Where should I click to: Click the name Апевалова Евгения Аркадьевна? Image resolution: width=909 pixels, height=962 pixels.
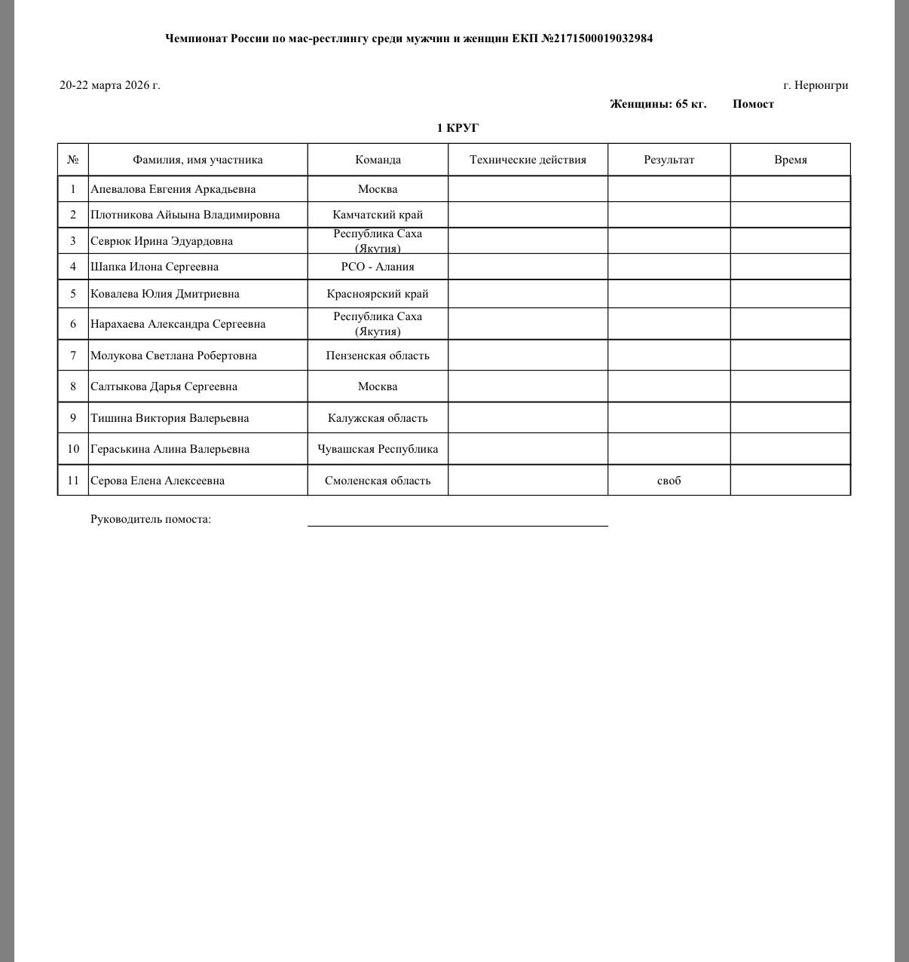pyautogui.click(x=173, y=189)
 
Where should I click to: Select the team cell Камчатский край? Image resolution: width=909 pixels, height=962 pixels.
pyautogui.click(x=378, y=215)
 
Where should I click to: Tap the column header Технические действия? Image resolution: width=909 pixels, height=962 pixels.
pyautogui.click(x=528, y=160)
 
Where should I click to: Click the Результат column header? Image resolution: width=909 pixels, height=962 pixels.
pyautogui.click(x=669, y=160)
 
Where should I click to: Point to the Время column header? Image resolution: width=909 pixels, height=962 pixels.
pyautogui.click(x=790, y=160)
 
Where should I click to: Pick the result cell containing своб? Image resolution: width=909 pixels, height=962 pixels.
pyautogui.click(x=669, y=481)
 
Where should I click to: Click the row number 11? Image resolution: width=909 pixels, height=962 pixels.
pyautogui.click(x=73, y=481)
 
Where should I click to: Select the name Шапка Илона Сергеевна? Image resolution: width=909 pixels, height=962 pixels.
pyautogui.click(x=155, y=267)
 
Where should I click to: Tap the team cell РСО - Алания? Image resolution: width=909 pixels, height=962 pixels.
pyautogui.click(x=378, y=267)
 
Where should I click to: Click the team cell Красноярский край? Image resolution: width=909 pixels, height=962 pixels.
pyautogui.click(x=378, y=294)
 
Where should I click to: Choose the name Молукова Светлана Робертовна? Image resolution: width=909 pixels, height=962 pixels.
pyautogui.click(x=173, y=356)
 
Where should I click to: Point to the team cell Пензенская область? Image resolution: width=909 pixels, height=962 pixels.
pyautogui.click(x=378, y=356)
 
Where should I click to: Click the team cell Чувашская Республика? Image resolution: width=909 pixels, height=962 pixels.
pyautogui.click(x=378, y=449)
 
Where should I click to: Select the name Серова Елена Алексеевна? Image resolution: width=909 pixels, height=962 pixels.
pyautogui.click(x=158, y=481)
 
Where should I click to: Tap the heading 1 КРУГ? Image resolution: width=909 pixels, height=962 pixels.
pyautogui.click(x=458, y=128)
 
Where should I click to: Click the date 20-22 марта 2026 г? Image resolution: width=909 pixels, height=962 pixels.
pyautogui.click(x=110, y=85)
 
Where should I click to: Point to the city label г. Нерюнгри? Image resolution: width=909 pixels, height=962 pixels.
pyautogui.click(x=816, y=85)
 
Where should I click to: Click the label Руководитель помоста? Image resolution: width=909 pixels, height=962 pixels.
pyautogui.click(x=151, y=519)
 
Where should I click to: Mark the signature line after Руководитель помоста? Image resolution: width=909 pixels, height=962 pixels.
pyautogui.click(x=458, y=525)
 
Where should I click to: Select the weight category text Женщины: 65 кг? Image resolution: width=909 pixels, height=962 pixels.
pyautogui.click(x=658, y=104)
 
